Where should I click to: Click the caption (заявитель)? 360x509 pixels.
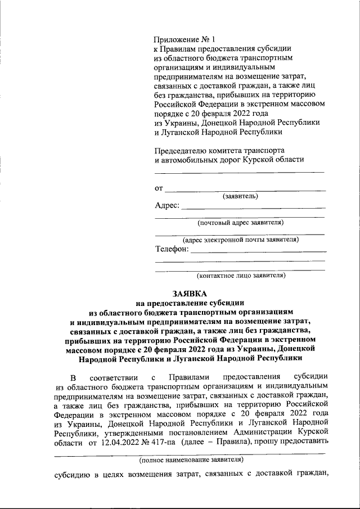click(x=240, y=196)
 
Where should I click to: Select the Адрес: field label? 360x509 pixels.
click(x=167, y=205)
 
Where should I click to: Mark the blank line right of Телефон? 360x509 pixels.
click(x=258, y=251)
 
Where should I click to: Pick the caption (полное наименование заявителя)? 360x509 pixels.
click(x=191, y=460)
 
